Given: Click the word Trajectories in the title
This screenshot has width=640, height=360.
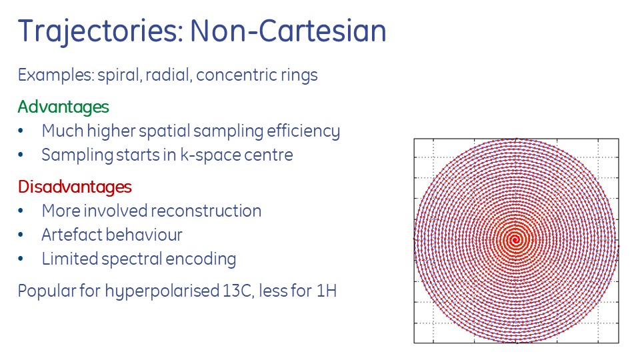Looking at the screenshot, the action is coord(101,31).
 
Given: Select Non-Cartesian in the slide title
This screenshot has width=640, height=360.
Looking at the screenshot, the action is coord(288,31).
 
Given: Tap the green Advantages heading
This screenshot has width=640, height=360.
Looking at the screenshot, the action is coord(63,107).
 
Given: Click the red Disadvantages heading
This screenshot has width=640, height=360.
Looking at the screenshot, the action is coord(75,187).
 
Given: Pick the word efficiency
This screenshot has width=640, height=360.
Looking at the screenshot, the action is coord(303,131).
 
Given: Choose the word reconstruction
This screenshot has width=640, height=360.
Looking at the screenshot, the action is coord(206,211).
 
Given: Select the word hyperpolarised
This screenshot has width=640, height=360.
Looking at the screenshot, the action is coord(162,291).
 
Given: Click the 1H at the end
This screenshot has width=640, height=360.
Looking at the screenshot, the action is coord(326,291).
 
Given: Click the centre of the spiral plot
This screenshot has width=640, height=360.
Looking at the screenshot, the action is coord(515,240).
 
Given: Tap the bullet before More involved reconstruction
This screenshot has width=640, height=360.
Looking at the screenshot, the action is coord(21,211).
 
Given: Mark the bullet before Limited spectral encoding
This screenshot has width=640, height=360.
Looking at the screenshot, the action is coord(21,259).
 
